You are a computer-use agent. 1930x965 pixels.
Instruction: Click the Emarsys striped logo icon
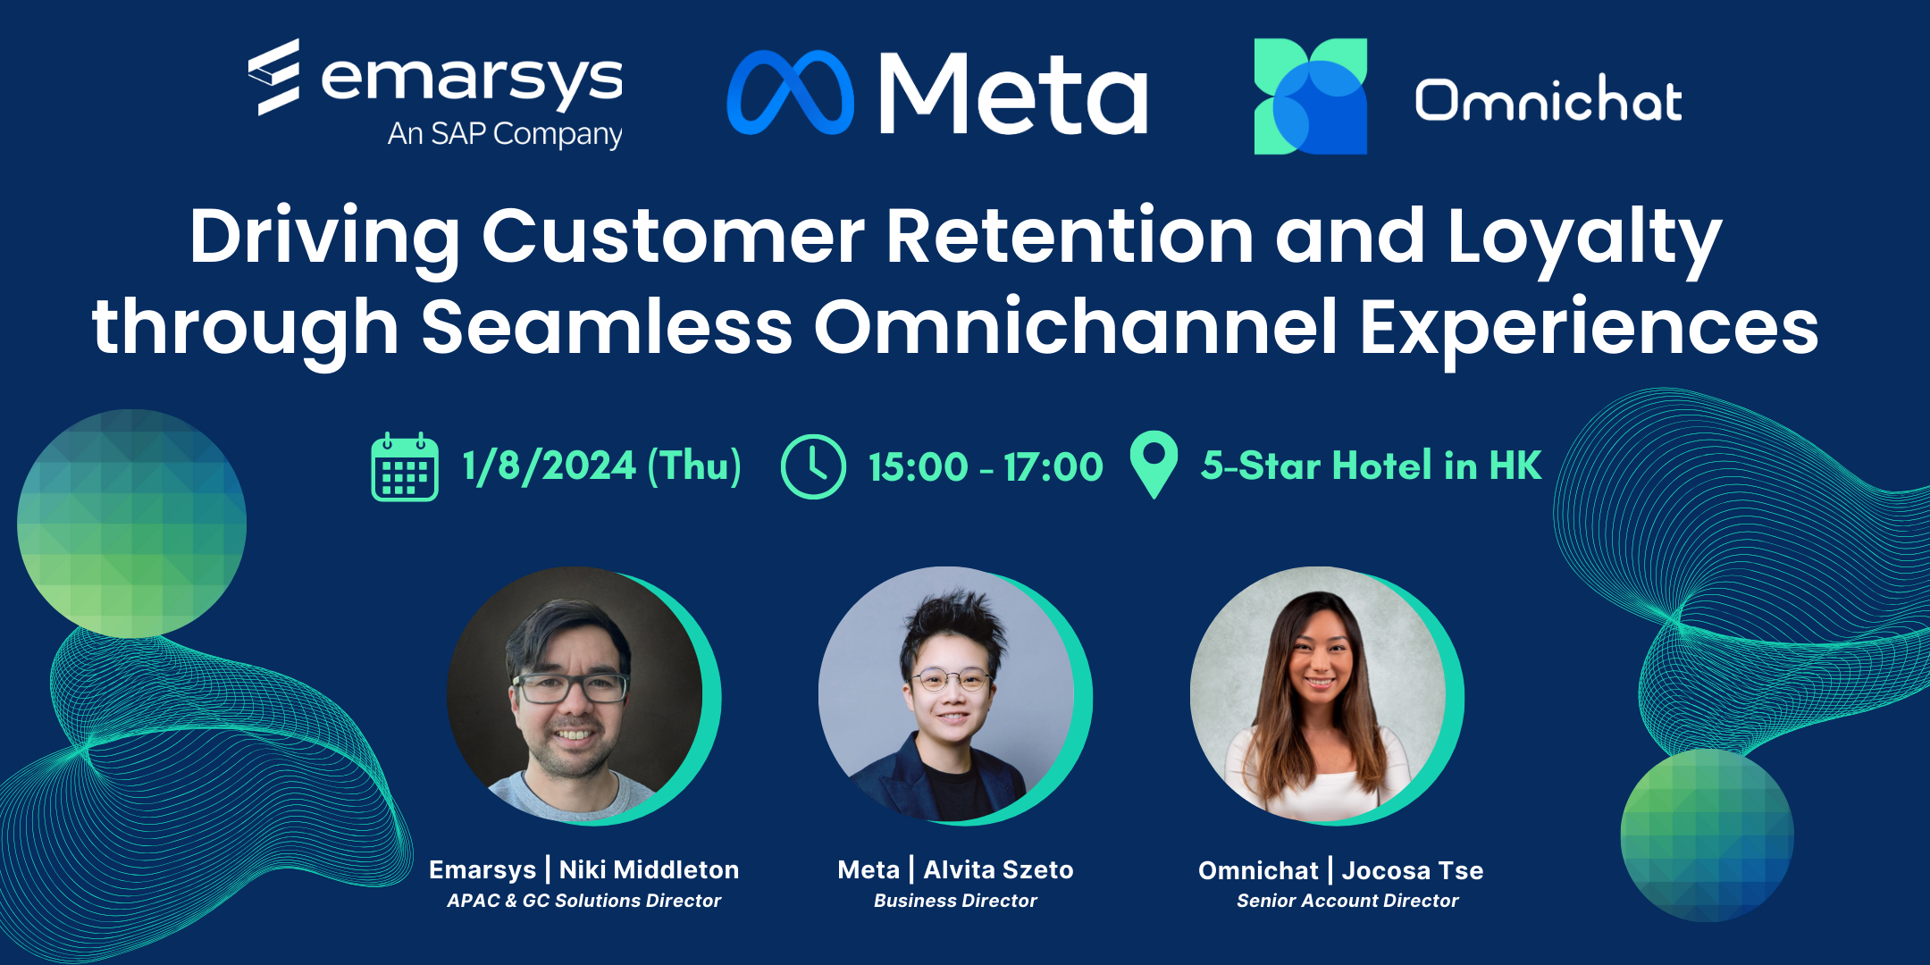pos(273,77)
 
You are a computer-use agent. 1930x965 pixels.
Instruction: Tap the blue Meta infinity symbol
pos(791,92)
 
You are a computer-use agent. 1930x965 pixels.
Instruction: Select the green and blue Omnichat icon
pos(1311,96)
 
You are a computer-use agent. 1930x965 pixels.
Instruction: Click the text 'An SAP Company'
pos(505,134)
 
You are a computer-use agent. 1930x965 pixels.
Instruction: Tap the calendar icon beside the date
pos(405,466)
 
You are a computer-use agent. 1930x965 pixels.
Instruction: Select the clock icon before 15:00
pos(813,466)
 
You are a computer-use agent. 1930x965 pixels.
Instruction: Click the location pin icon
pos(1154,465)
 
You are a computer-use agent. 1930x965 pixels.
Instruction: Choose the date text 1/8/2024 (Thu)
pos(601,466)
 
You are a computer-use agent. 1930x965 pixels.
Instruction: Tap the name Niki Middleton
pos(650,869)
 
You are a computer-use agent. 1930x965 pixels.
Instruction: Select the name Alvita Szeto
pos(998,869)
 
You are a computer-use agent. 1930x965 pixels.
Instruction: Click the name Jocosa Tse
pos(1413,870)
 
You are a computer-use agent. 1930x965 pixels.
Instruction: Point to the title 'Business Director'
pos(955,901)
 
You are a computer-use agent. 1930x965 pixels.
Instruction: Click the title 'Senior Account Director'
pos(1347,901)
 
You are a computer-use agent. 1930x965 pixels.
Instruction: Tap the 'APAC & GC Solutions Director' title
pos(584,901)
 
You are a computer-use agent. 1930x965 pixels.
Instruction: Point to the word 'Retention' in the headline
pos(1070,236)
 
